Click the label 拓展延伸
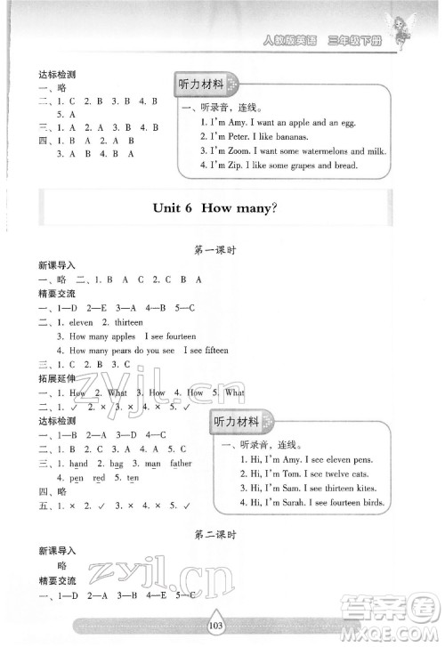click(x=56, y=378)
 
